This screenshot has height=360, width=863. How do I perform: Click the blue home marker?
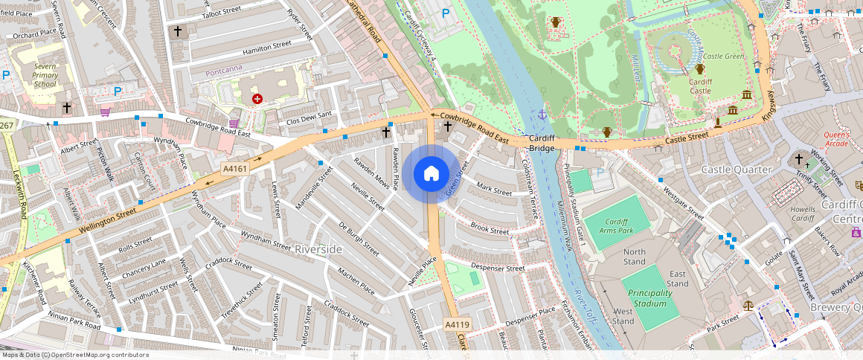click(431, 174)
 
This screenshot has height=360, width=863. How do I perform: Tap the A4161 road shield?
click(234, 169)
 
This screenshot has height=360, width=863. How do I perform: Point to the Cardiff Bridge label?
click(542, 144)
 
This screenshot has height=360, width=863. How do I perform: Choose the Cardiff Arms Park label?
click(606, 227)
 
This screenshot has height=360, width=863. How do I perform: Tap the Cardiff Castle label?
click(700, 86)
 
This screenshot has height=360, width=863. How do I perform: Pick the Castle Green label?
click(723, 57)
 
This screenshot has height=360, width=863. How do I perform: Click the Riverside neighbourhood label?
click(318, 249)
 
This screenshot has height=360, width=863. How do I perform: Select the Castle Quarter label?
click(737, 170)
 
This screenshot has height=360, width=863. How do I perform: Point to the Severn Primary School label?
click(45, 75)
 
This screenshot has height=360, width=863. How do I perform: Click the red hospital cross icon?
click(257, 98)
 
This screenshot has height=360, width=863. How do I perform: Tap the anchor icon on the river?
click(542, 115)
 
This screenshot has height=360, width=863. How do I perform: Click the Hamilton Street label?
click(266, 48)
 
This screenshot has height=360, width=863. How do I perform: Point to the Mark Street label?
click(494, 190)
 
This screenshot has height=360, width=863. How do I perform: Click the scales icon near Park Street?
click(748, 304)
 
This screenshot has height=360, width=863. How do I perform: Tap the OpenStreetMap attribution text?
click(74, 355)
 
